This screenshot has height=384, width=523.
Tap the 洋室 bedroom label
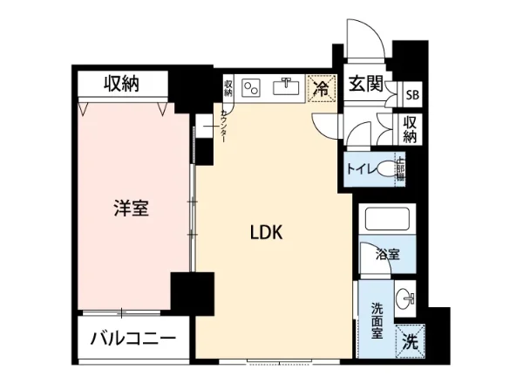click(131, 209)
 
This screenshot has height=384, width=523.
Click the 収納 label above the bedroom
click(122, 84)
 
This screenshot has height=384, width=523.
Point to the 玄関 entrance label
click(365, 86)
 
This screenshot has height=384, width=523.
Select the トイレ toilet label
click(362, 168)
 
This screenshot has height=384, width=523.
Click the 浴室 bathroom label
click(388, 255)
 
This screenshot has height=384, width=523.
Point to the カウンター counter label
click(224, 127)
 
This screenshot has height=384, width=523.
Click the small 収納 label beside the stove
click(228, 88)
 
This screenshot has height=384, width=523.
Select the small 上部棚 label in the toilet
click(400, 168)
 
